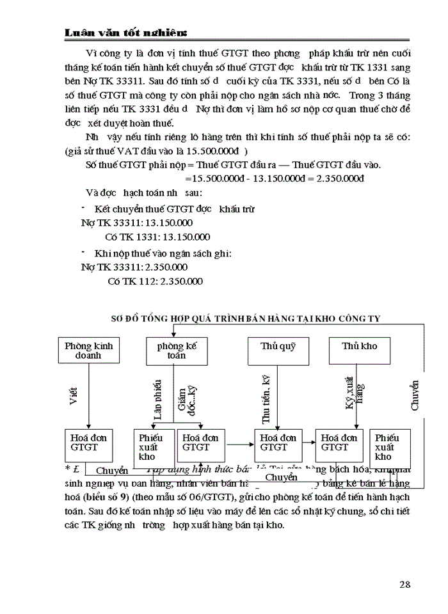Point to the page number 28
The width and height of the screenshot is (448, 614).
click(x=404, y=583)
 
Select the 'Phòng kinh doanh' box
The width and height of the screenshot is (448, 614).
click(x=88, y=350)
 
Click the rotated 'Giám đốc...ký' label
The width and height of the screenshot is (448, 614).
click(x=186, y=402)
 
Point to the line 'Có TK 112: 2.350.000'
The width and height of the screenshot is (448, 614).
click(x=155, y=281)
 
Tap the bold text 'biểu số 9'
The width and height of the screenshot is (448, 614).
click(x=109, y=498)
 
